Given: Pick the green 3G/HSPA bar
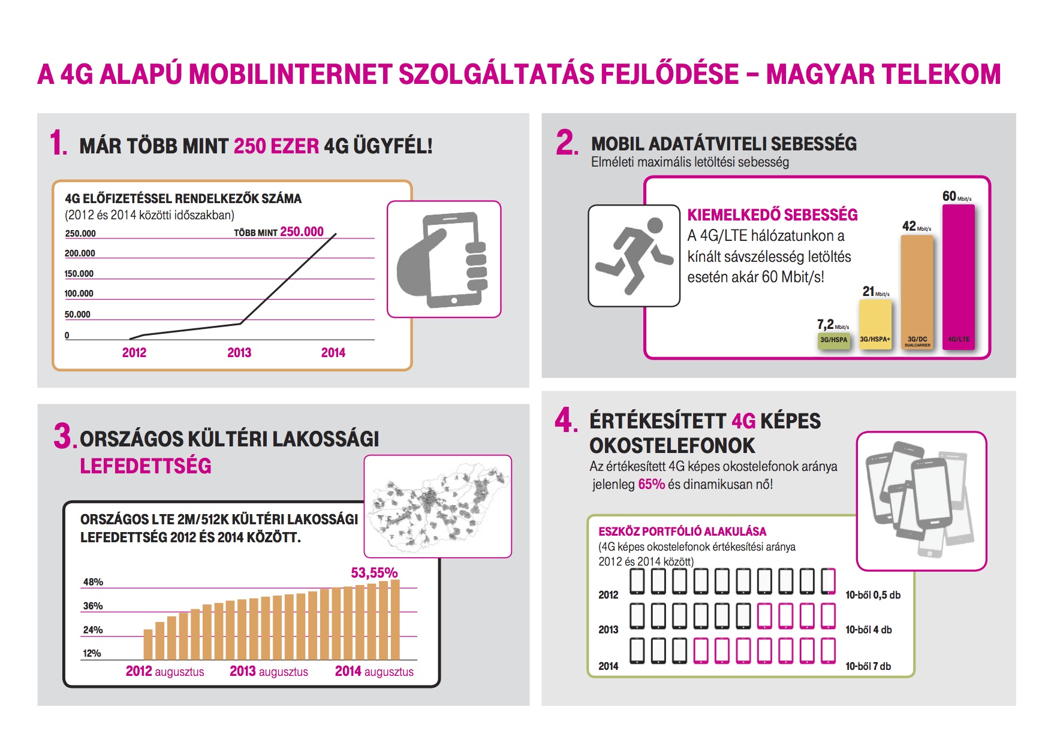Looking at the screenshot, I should point(833,340).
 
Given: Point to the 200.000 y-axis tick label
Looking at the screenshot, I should point(80,253).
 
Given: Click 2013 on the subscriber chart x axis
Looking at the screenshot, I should point(239,353).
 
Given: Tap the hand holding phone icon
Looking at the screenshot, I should point(444,259).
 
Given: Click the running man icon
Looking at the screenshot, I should point(634,256).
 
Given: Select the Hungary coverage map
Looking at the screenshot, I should point(438,506).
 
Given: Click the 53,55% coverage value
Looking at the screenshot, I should point(374,573).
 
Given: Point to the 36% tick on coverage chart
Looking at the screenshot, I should point(93,606).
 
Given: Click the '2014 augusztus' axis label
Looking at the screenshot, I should point(374,672).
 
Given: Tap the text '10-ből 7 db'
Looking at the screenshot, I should point(868,666).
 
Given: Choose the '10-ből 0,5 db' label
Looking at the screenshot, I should point(873,595).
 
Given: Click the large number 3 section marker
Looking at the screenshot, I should point(62,436).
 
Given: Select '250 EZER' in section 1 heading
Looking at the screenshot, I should point(276,146).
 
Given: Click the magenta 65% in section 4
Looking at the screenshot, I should point(651,484).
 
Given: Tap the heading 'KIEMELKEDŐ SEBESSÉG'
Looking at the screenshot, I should point(772,215).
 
